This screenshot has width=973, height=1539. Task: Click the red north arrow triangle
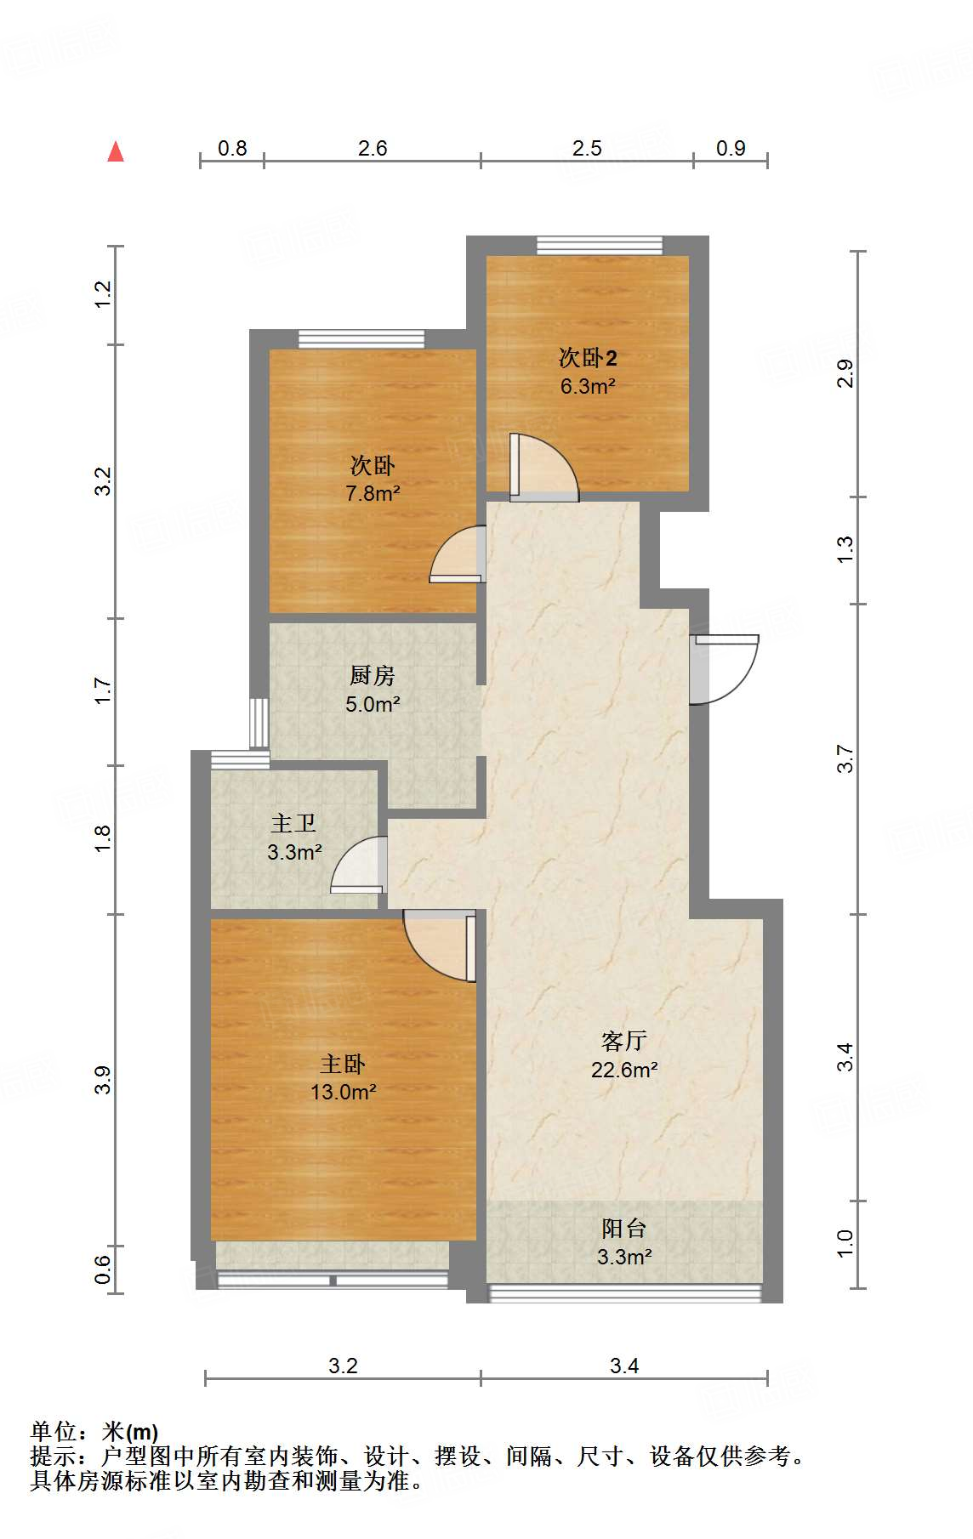pos(116,152)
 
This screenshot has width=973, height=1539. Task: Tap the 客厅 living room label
pos(624,1041)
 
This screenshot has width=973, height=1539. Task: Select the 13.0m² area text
pos(344,1092)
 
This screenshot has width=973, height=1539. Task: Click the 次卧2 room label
pos(587,358)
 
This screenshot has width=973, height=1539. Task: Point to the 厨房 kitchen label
pos(373,676)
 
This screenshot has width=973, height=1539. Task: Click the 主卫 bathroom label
pos(293,823)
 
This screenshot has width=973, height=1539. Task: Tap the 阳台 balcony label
pos(624,1228)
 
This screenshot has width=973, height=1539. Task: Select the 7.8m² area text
pos(373,493)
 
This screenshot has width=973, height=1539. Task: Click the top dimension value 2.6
pos(373,149)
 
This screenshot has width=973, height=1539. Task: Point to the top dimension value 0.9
pos(730,149)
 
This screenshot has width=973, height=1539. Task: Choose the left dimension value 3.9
pos(103,1080)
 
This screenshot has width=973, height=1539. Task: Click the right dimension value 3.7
pos(845,758)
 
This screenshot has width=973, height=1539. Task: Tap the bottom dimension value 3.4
pos(624,1366)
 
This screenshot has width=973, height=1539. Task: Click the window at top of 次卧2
pos(599,246)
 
